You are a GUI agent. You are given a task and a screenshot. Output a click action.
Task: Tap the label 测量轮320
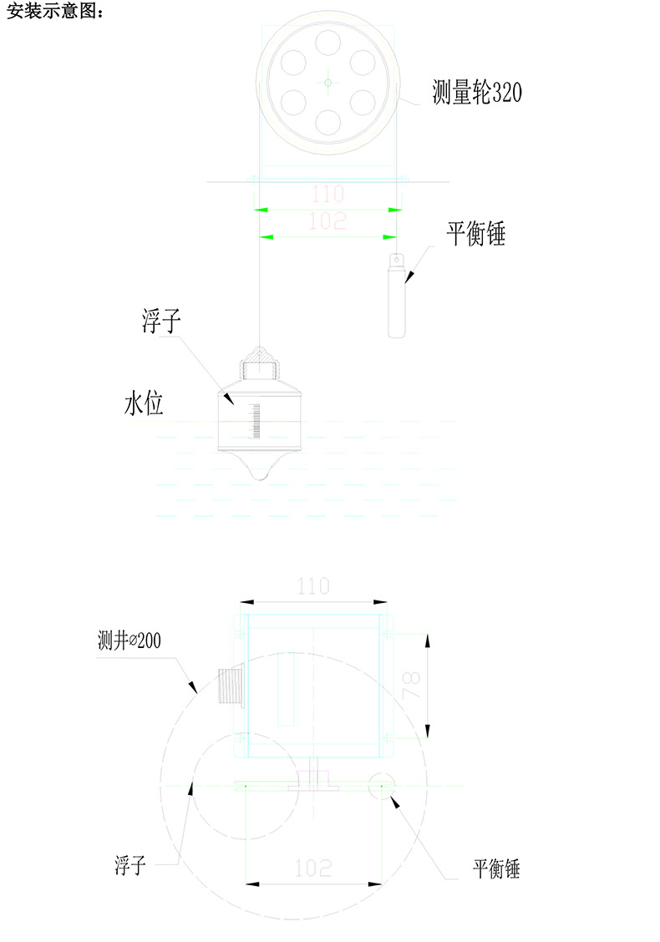[x=477, y=92]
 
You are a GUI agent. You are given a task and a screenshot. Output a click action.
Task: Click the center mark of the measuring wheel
[x=327, y=82]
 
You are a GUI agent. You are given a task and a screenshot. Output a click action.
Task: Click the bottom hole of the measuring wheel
[x=327, y=123]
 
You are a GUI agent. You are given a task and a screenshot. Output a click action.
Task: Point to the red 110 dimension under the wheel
[x=327, y=195]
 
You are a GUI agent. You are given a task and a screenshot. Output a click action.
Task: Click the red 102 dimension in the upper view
[x=327, y=222]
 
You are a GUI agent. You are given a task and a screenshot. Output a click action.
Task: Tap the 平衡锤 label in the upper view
[x=475, y=235]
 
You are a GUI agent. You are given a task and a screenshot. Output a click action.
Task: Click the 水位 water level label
[x=144, y=406]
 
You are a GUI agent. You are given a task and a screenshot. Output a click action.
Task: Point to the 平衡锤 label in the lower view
[x=496, y=869]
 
